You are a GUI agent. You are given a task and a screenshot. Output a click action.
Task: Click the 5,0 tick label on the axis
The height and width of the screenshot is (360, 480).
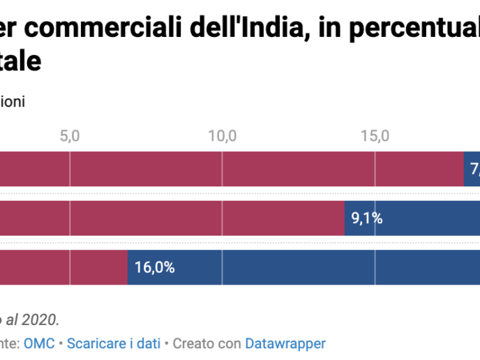pyautogui.click(x=70, y=135)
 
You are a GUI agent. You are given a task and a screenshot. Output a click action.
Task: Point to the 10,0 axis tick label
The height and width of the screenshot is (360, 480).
pyautogui.click(x=223, y=135)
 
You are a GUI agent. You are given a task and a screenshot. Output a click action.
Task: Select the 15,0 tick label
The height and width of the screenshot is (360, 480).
pyautogui.click(x=375, y=135)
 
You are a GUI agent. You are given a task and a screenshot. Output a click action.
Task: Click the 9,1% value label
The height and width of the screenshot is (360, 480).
pyautogui.click(x=366, y=218)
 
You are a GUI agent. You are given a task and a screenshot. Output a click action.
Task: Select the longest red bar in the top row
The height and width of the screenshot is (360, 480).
pyautogui.click(x=230, y=169)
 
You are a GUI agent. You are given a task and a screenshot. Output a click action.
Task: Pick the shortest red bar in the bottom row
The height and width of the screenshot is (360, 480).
pyautogui.click(x=63, y=267)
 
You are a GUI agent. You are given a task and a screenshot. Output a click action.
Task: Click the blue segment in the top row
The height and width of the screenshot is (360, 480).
pyautogui.click(x=472, y=169)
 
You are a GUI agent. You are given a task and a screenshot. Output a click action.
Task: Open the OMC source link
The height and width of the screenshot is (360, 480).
pyautogui.click(x=34, y=343)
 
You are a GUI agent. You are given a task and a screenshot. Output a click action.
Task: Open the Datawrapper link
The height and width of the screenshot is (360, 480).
pyautogui.click(x=285, y=343)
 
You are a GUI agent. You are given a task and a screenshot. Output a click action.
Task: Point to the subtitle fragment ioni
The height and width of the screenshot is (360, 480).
pyautogui.click(x=13, y=102)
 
